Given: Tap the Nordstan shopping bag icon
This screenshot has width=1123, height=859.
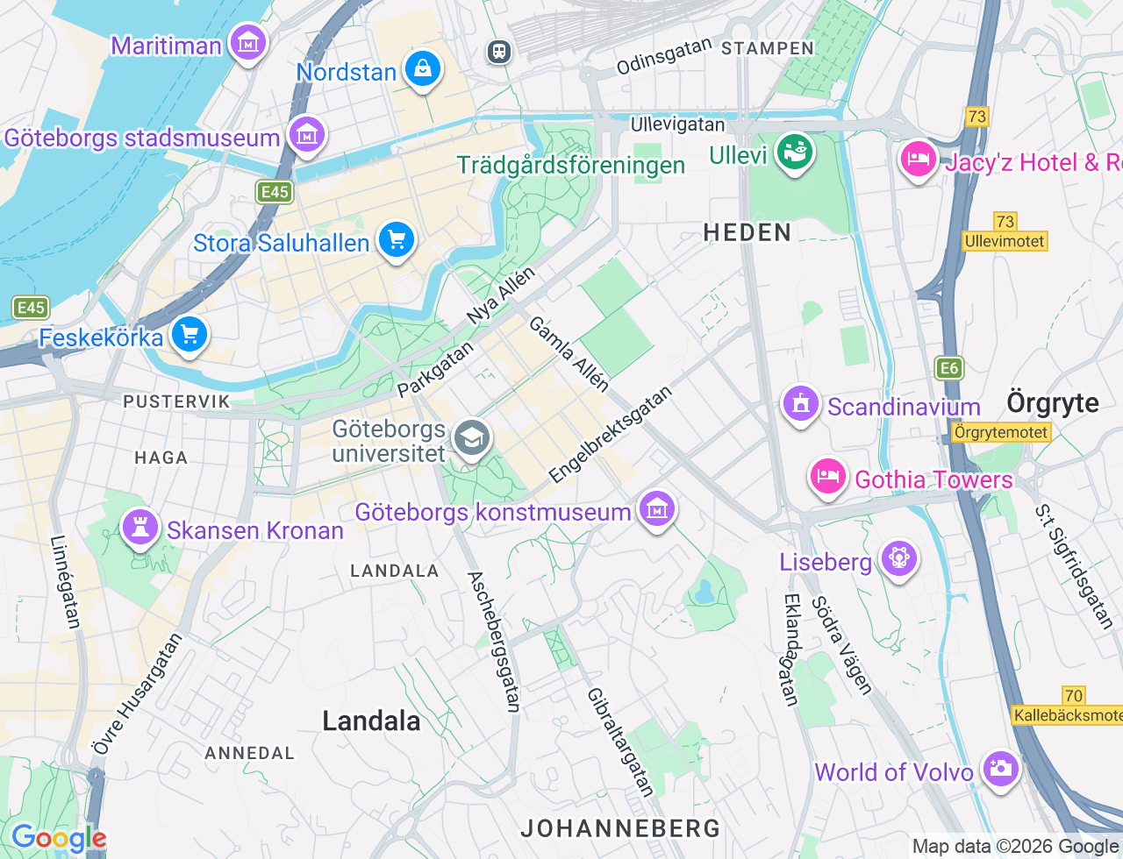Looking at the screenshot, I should [x=423, y=69].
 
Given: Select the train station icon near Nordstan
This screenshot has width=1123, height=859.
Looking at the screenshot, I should [x=499, y=52].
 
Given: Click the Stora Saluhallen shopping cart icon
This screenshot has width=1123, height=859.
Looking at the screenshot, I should [x=396, y=239].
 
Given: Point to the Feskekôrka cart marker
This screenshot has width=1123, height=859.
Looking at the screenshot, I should [x=189, y=335].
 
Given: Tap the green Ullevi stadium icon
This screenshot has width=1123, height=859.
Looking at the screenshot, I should [x=795, y=153].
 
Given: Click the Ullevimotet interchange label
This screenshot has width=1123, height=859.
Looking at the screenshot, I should [x=1005, y=241].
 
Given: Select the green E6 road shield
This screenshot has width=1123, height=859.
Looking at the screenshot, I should [x=949, y=368].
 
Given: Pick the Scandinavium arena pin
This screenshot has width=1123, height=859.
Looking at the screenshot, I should [x=800, y=405].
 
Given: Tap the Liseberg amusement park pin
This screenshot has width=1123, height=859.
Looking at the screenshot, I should [x=898, y=558].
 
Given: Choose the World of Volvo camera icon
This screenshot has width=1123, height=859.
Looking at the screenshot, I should [x=1001, y=770].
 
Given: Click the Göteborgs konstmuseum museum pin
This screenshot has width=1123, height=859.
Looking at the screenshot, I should [x=656, y=509].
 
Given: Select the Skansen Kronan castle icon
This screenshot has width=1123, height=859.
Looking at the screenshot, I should [x=139, y=528].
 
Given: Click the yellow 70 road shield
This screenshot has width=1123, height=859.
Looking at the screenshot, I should [x=1073, y=695].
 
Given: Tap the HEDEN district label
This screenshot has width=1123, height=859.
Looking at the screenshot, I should [x=747, y=232].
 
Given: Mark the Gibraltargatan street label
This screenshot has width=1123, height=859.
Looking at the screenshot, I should [x=620, y=742].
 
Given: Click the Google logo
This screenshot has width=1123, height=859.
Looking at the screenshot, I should [x=59, y=839].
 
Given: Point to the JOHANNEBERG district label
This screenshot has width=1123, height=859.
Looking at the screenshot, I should [x=620, y=827].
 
